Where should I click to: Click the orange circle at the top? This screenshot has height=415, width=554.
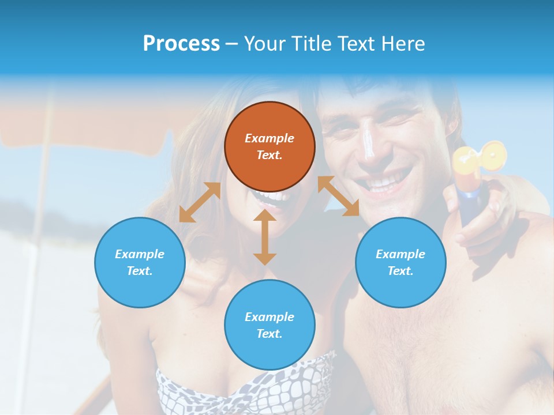(x=269, y=146)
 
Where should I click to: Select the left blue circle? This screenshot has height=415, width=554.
(x=140, y=262)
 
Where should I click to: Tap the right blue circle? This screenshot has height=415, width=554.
(x=400, y=262)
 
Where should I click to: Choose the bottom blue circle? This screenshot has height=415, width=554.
(x=269, y=325)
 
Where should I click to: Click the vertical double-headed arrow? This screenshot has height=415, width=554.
(x=265, y=237)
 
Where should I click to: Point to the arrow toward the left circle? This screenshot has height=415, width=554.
(x=200, y=202)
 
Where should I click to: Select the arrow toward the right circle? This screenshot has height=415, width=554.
(x=339, y=196)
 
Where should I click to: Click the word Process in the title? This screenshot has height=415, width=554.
(x=181, y=43)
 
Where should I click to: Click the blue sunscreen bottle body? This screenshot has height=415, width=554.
(x=470, y=202)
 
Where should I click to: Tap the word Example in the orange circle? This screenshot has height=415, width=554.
(x=269, y=138)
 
